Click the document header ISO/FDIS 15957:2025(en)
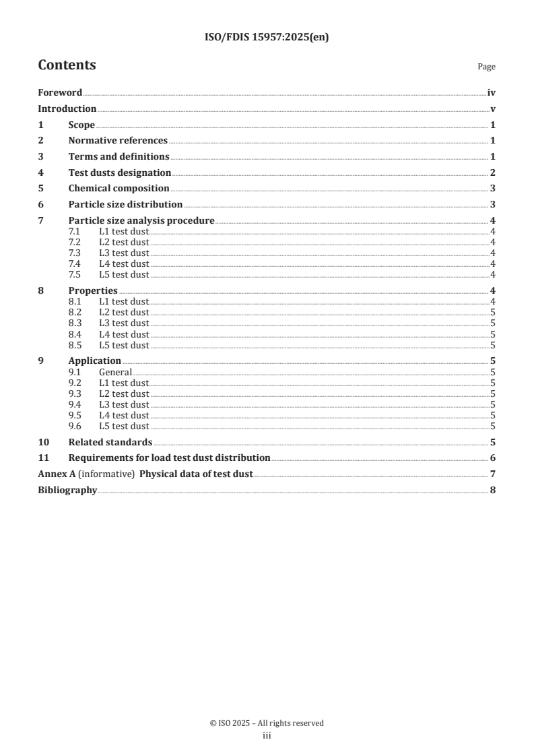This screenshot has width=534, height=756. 267,38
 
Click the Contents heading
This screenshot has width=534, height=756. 67,65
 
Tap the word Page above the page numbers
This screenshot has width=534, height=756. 486,67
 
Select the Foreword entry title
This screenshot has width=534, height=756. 60,93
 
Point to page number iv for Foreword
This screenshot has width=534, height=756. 492,93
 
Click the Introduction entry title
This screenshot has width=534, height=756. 67,109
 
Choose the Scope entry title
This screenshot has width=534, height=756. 81,125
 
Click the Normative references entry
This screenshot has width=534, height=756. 118,141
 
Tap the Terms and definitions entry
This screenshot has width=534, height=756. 119,157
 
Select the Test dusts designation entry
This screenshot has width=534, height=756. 120,173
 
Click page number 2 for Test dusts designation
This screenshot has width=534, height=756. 493,173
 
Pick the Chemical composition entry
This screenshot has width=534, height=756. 119,189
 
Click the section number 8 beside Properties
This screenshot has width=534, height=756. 41,290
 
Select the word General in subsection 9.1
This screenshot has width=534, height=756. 115,372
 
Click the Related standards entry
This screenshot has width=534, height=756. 110,443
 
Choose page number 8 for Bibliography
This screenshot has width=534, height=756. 493,491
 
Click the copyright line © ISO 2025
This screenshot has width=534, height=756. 267,723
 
